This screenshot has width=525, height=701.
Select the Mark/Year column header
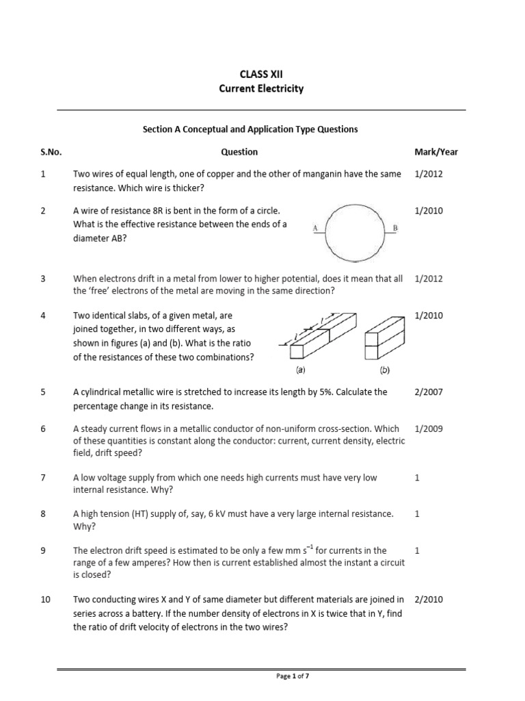point(436,152)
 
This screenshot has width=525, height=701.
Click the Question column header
point(239,152)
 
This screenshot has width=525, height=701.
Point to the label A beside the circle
point(314,227)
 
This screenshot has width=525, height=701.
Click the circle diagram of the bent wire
point(354,232)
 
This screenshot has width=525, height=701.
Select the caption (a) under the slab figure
point(300,370)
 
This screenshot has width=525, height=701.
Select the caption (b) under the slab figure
point(384,370)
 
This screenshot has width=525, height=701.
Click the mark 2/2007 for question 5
point(429,392)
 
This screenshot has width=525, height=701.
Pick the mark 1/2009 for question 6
point(429,429)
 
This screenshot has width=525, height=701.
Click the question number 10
point(46,600)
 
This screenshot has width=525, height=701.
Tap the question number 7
point(43,478)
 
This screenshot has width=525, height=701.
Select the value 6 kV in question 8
point(224,514)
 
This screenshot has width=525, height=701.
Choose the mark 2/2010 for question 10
point(429,600)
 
